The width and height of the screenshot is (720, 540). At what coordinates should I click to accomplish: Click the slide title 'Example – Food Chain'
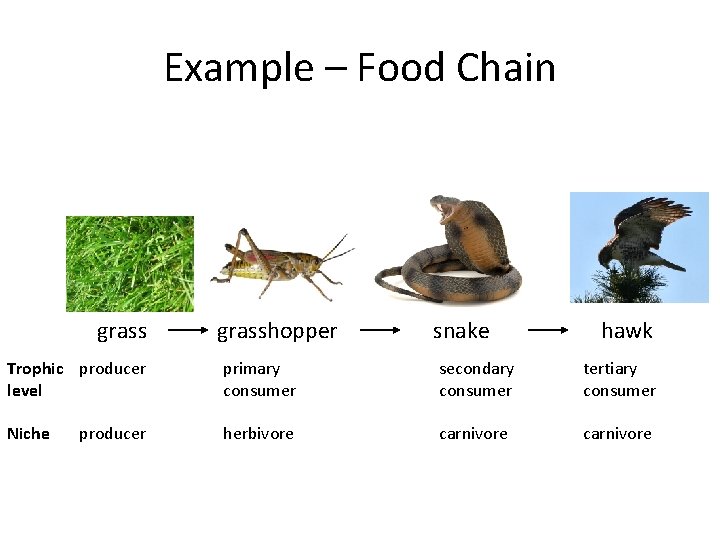[360, 68]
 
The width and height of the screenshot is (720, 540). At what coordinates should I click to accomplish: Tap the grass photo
[130, 264]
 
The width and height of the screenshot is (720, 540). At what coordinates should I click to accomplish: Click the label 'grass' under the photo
[122, 331]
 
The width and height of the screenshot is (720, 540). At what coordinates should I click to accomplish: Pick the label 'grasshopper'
[277, 331]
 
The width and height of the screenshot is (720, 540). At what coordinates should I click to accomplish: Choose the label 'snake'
[461, 331]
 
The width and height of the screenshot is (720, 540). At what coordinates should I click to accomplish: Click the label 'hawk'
[627, 331]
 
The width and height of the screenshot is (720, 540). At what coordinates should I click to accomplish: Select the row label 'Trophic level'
[34, 380]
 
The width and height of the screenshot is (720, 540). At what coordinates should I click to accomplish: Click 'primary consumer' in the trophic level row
[259, 380]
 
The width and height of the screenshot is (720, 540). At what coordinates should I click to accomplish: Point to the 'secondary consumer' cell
[476, 380]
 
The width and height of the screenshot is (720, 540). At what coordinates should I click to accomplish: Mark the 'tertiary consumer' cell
[619, 380]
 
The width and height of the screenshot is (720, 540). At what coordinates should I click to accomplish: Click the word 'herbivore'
[258, 434]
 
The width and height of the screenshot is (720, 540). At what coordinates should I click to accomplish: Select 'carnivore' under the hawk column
[617, 434]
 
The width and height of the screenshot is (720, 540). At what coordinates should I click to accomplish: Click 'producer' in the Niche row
[112, 434]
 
